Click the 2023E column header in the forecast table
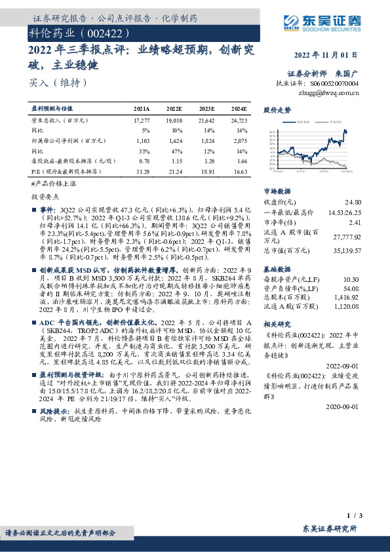(x=206, y=109)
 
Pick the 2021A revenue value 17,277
(x=142, y=121)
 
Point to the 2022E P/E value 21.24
(x=174, y=171)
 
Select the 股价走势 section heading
(x=277, y=110)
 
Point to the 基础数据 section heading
(x=276, y=269)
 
